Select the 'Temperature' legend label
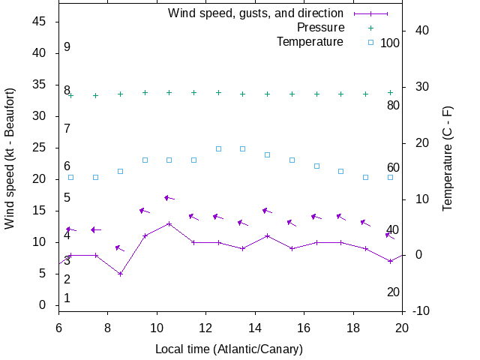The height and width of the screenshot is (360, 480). coord(310,42)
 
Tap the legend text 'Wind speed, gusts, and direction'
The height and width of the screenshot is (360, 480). coord(256,13)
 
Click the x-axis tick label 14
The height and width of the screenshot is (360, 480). coord(255,328)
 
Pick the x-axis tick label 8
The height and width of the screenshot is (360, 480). coord(108,328)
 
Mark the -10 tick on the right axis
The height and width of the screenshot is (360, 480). coord(421,311)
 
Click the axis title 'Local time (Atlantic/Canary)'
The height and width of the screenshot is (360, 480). coord(229,349)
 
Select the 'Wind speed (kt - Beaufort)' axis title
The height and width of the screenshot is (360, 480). coord(10,163)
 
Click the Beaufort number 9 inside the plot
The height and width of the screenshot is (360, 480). coord(67,47)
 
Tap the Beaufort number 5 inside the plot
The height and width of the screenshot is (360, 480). coord(67,198)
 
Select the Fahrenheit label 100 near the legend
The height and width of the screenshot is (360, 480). coord(390,43)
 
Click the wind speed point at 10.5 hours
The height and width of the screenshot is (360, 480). coord(169,223)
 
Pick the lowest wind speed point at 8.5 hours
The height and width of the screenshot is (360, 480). coord(120,274)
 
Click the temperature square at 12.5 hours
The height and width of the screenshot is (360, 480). coord(218,148)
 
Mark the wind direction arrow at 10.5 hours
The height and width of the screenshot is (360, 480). coord(169,198)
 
